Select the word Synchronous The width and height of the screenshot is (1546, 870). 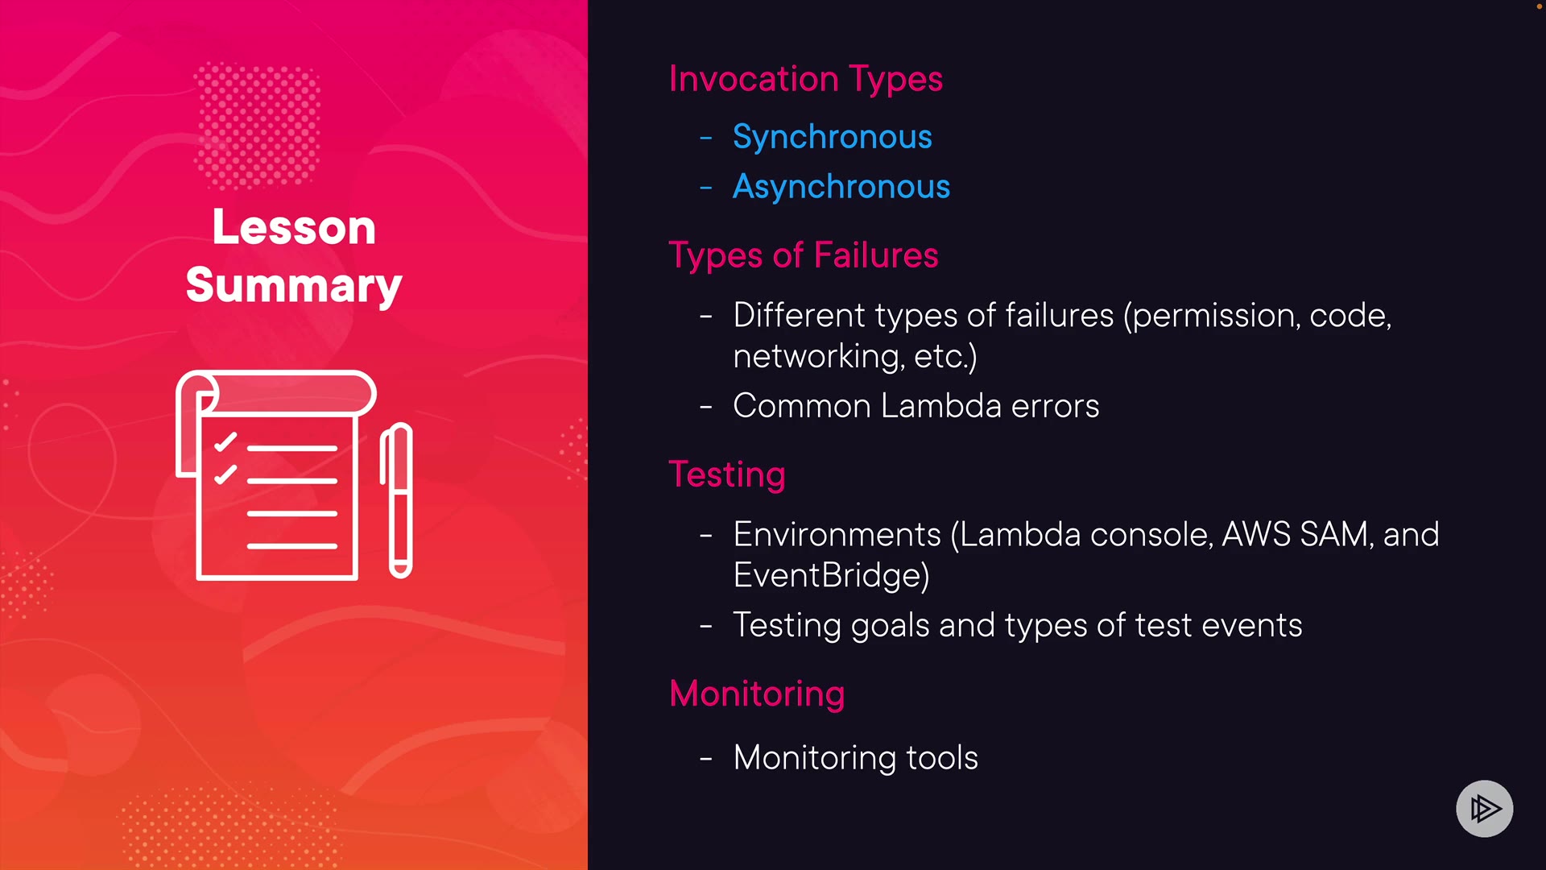pos(833,138)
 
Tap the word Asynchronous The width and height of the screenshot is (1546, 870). pos(841,188)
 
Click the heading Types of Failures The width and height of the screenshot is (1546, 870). pos(804,256)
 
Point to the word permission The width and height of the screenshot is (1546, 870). pos(1212,317)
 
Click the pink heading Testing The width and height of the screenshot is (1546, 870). pos(727,475)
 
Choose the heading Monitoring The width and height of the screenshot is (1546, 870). pos(757,694)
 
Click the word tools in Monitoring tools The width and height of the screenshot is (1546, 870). pos(942,758)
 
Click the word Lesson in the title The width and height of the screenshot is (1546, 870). pos(294,228)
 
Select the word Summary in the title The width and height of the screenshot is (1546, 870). pos(294,286)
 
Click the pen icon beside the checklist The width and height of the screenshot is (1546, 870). pos(397,500)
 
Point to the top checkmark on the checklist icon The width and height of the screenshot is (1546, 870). pos(225,442)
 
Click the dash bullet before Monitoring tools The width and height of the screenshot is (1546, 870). pos(706,759)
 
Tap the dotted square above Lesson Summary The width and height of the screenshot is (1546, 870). pos(258,125)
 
